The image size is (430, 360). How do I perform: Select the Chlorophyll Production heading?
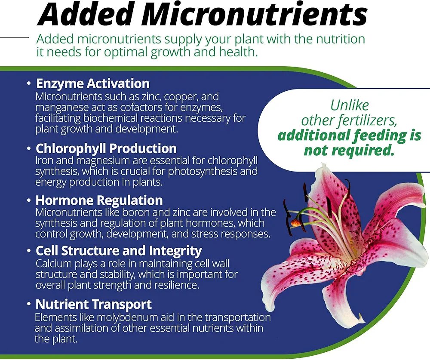[x=106, y=148]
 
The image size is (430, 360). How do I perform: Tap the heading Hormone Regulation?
[x=99, y=200]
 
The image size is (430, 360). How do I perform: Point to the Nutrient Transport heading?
[x=93, y=305]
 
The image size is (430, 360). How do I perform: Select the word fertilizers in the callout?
[x=371, y=120]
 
